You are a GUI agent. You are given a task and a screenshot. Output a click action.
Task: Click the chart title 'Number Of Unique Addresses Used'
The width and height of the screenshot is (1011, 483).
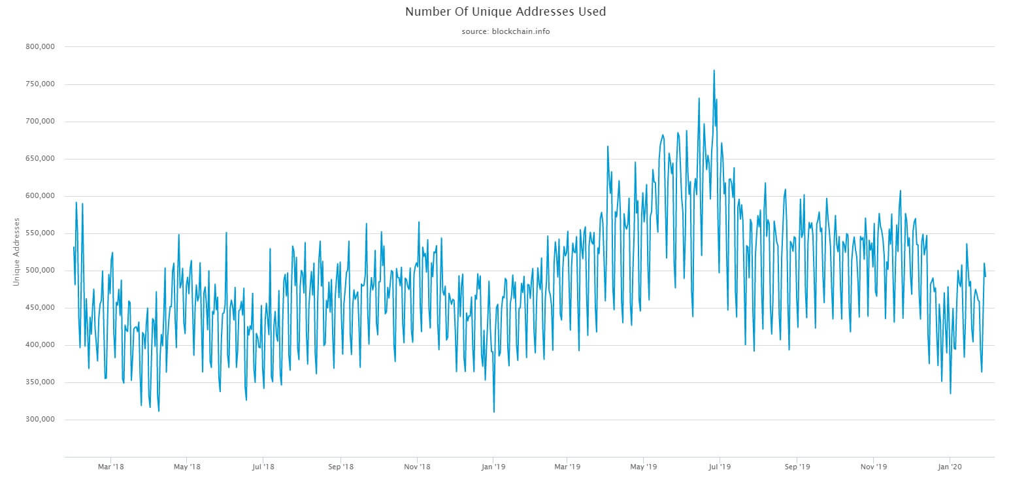point(505,12)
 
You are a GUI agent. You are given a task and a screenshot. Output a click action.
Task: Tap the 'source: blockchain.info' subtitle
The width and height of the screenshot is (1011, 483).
point(505,31)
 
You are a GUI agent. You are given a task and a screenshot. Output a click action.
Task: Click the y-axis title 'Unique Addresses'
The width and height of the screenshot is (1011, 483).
point(16,252)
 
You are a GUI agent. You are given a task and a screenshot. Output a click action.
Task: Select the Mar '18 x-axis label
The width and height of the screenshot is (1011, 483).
point(110,467)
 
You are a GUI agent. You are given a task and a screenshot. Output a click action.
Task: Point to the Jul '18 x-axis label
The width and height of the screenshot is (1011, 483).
point(262,467)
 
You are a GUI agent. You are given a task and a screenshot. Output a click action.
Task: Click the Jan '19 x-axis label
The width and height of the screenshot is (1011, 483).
point(493,467)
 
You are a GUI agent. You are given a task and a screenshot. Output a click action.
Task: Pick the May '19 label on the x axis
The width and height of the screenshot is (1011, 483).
point(644,467)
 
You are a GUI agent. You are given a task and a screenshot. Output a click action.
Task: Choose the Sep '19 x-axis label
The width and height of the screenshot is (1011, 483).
point(797,467)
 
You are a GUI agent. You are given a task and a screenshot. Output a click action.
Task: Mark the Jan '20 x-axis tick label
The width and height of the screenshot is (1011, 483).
point(949,467)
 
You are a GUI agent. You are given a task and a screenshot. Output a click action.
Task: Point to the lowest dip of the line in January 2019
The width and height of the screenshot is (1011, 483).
point(494,412)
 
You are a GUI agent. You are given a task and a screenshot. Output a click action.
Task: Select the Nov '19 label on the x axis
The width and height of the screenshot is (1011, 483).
point(874,467)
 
